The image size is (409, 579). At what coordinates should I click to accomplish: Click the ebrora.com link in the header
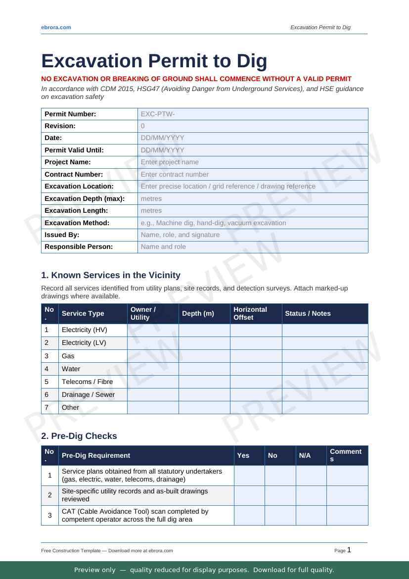pos(56,27)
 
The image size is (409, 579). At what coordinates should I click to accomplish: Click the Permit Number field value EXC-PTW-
pos(158,114)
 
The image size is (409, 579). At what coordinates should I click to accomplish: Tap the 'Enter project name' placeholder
pos(170,162)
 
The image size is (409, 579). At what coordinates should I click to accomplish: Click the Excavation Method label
pos(77,223)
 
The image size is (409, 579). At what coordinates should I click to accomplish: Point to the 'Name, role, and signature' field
pos(180,235)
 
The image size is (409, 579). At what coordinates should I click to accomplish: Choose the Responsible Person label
pos(78,246)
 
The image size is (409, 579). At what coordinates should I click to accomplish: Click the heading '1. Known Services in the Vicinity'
pos(111,275)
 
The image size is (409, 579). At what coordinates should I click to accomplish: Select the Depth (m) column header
pos(198,313)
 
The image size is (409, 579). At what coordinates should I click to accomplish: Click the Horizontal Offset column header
pos(250,313)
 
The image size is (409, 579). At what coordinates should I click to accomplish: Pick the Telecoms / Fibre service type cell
pos(87,382)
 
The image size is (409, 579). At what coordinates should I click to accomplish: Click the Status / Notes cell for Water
pos(324,369)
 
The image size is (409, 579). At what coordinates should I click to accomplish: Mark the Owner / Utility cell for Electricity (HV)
pos(153,330)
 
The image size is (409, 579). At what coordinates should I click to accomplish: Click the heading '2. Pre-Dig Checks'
pos(79,436)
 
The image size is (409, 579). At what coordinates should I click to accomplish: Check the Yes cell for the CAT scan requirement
pos(249,515)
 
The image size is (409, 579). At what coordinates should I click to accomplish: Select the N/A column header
pos(305,455)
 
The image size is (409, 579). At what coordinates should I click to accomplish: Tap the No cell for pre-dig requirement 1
pos(280,476)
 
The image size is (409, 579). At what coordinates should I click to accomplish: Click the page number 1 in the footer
pos(349,550)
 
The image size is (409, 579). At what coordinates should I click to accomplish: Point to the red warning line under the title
pos(196,79)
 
